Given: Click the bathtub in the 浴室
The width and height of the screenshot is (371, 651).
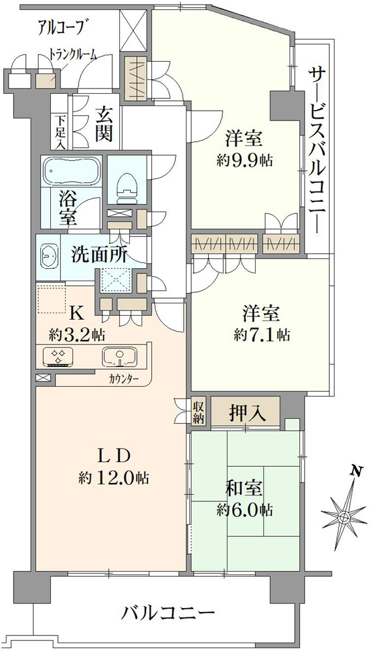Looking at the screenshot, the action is pos(72,171).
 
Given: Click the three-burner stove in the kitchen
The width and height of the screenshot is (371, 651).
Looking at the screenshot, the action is pos(59,357).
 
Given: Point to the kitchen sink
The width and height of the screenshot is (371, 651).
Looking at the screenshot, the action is pos(120,357).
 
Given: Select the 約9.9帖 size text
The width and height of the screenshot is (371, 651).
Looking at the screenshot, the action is pos(245,161).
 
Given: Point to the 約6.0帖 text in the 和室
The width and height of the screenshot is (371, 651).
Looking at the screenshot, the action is pos(245,510).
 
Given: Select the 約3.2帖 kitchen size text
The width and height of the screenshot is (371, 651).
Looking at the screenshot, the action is pos(77,333).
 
